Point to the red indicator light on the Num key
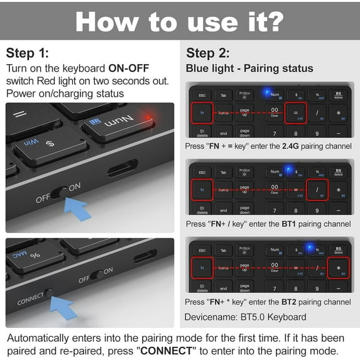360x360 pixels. click(148, 116)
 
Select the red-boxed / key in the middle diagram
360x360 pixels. click(318, 189)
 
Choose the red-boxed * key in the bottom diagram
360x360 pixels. click(339, 267)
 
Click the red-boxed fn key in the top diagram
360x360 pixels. click(202, 113)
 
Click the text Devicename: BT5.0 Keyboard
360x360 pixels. click(246, 317)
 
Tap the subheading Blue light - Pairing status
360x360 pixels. click(249, 68)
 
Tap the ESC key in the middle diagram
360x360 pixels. click(202, 172)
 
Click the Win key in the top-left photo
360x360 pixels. click(30, 143)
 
